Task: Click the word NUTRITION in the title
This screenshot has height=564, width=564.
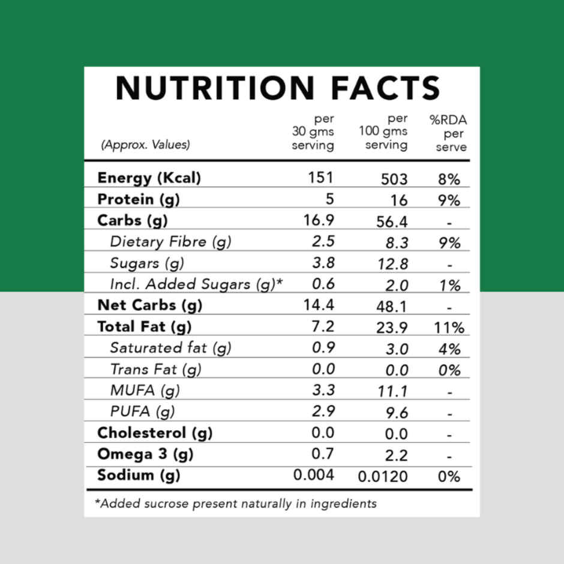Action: [x=214, y=88]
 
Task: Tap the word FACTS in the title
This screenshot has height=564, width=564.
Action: [x=386, y=88]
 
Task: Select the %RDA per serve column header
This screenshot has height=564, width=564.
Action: [x=448, y=133]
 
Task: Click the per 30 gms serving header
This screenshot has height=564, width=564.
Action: [x=313, y=133]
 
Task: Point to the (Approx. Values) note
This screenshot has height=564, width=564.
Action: [x=145, y=145]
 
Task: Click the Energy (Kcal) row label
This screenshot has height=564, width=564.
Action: [x=149, y=178]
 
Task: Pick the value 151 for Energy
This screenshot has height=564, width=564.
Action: [x=320, y=178]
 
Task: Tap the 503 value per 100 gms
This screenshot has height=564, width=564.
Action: [x=394, y=179]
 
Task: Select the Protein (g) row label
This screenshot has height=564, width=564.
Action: [x=138, y=199]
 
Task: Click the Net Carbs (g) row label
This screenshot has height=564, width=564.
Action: [x=150, y=305]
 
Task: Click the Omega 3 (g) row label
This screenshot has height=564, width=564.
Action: [x=145, y=454]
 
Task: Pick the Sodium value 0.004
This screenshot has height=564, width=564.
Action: [x=313, y=475]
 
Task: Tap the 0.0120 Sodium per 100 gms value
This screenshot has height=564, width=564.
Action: [x=383, y=477]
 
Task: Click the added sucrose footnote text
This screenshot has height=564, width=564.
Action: [x=236, y=503]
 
